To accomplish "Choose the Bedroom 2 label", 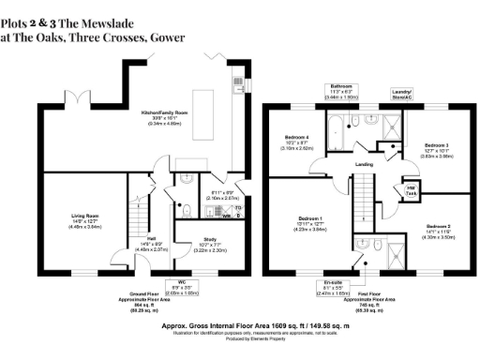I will coord(439,230).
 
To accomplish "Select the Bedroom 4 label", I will coord(296,142).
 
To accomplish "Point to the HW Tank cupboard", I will coord(411,192).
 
